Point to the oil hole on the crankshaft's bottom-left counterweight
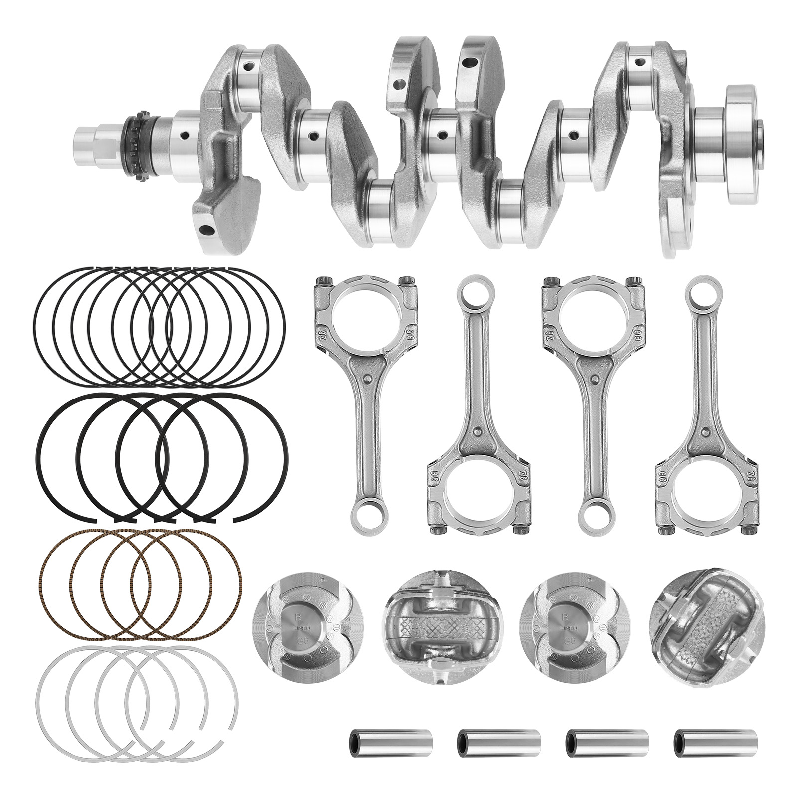(x=205, y=230)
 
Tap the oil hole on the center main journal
(x=442, y=134)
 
